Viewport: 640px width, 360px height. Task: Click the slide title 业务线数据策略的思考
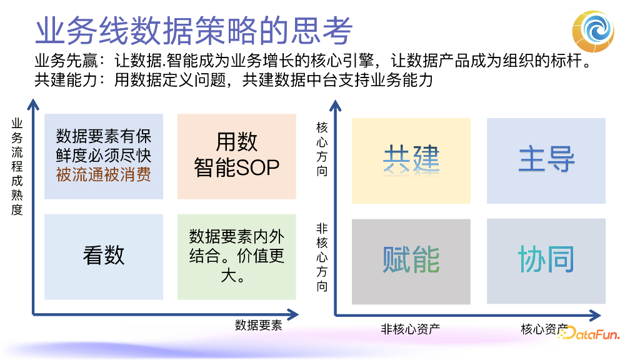point(194,30)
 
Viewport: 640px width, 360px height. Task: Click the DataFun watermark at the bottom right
point(588,334)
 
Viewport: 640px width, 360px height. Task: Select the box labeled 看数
point(104,256)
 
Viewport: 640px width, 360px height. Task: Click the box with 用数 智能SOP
point(236,155)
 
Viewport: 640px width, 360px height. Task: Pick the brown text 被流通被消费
point(104,174)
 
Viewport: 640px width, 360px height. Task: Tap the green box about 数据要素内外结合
point(236,256)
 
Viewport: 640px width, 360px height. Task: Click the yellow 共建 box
point(411,160)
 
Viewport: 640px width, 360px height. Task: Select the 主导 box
point(546,160)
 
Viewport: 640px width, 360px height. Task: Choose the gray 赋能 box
point(411,261)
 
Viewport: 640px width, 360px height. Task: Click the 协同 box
point(546,261)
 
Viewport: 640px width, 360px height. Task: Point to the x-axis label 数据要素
point(258,325)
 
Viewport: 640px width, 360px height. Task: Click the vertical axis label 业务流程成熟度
point(17,167)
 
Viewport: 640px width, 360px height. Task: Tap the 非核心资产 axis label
point(410,329)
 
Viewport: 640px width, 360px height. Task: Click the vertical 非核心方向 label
point(322,257)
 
